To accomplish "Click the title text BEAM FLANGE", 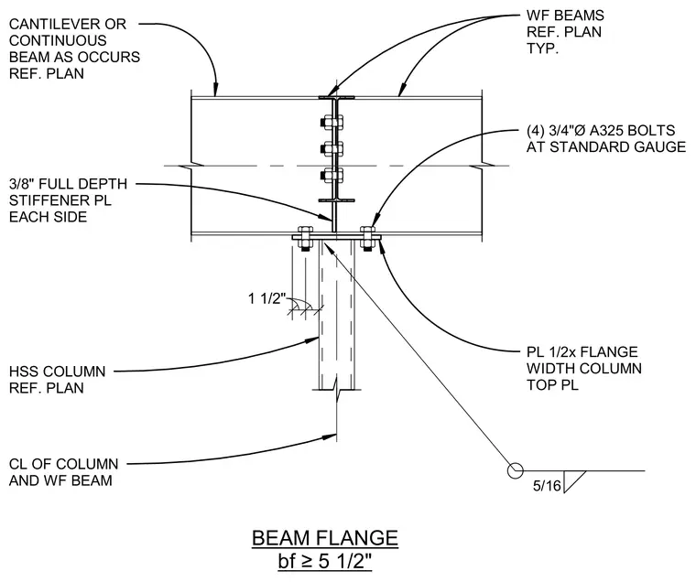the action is coord(325,538).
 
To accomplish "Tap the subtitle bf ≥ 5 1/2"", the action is coord(324,561).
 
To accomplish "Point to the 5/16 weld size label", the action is coord(547,486).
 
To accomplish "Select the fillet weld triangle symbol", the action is coord(574,481).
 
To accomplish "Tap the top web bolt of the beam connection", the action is coord(332,122).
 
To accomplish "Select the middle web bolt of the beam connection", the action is coord(332,148).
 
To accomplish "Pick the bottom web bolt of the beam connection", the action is coord(332,175).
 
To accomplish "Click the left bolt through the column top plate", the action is coord(305,239).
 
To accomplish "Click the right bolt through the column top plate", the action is coord(367,239).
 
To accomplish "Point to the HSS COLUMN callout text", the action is coord(58,379).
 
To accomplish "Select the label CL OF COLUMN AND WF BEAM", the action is coord(63,472).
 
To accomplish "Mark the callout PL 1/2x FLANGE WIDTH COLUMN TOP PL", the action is coord(584,368).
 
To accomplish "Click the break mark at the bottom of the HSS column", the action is coord(337,390).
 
